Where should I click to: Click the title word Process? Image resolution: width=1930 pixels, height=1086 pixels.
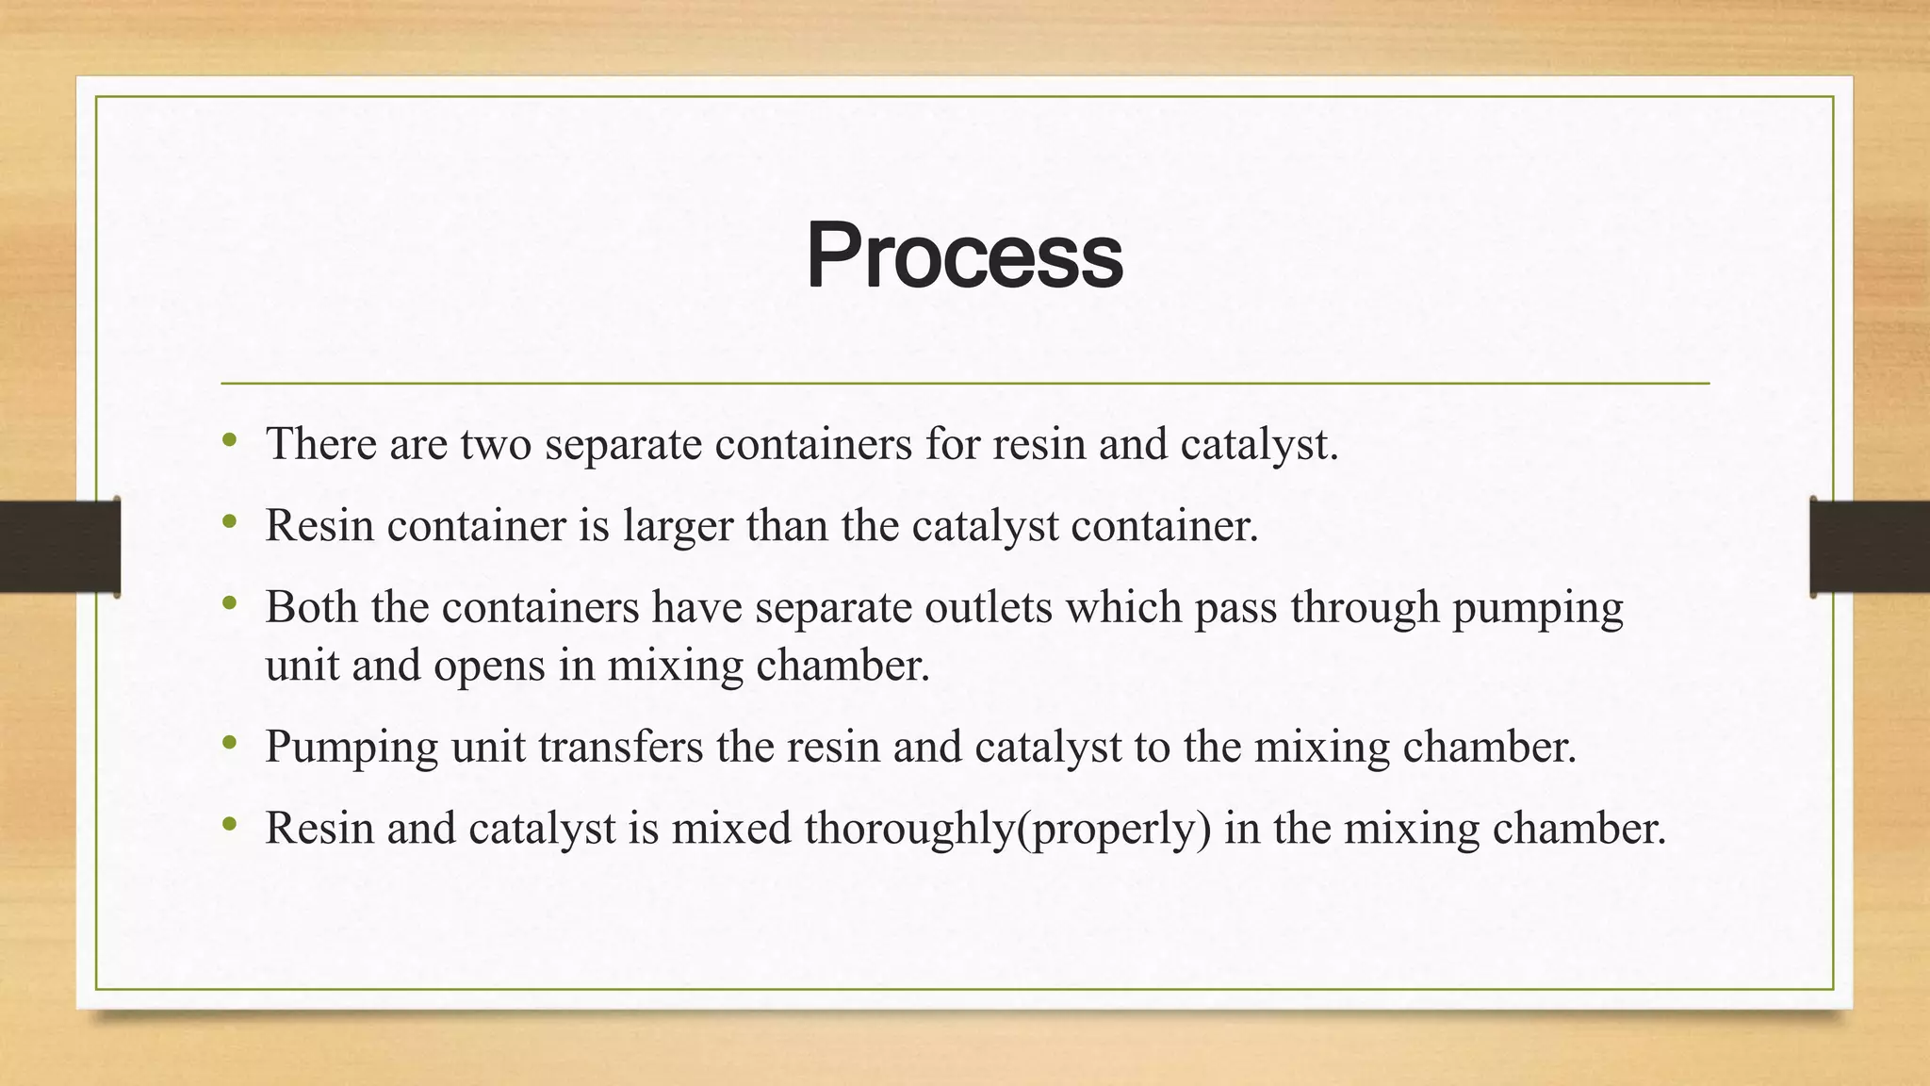click(964, 255)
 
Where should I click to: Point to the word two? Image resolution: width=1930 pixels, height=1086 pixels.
click(495, 445)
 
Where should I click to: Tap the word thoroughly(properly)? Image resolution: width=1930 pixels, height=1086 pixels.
click(1007, 829)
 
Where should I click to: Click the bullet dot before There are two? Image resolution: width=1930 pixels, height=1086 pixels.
click(229, 440)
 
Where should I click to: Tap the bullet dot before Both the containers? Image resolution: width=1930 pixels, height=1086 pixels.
click(229, 603)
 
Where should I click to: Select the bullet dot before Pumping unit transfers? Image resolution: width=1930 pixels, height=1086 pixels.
click(229, 744)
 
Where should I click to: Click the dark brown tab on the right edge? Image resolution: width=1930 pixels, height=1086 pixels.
click(1870, 547)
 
